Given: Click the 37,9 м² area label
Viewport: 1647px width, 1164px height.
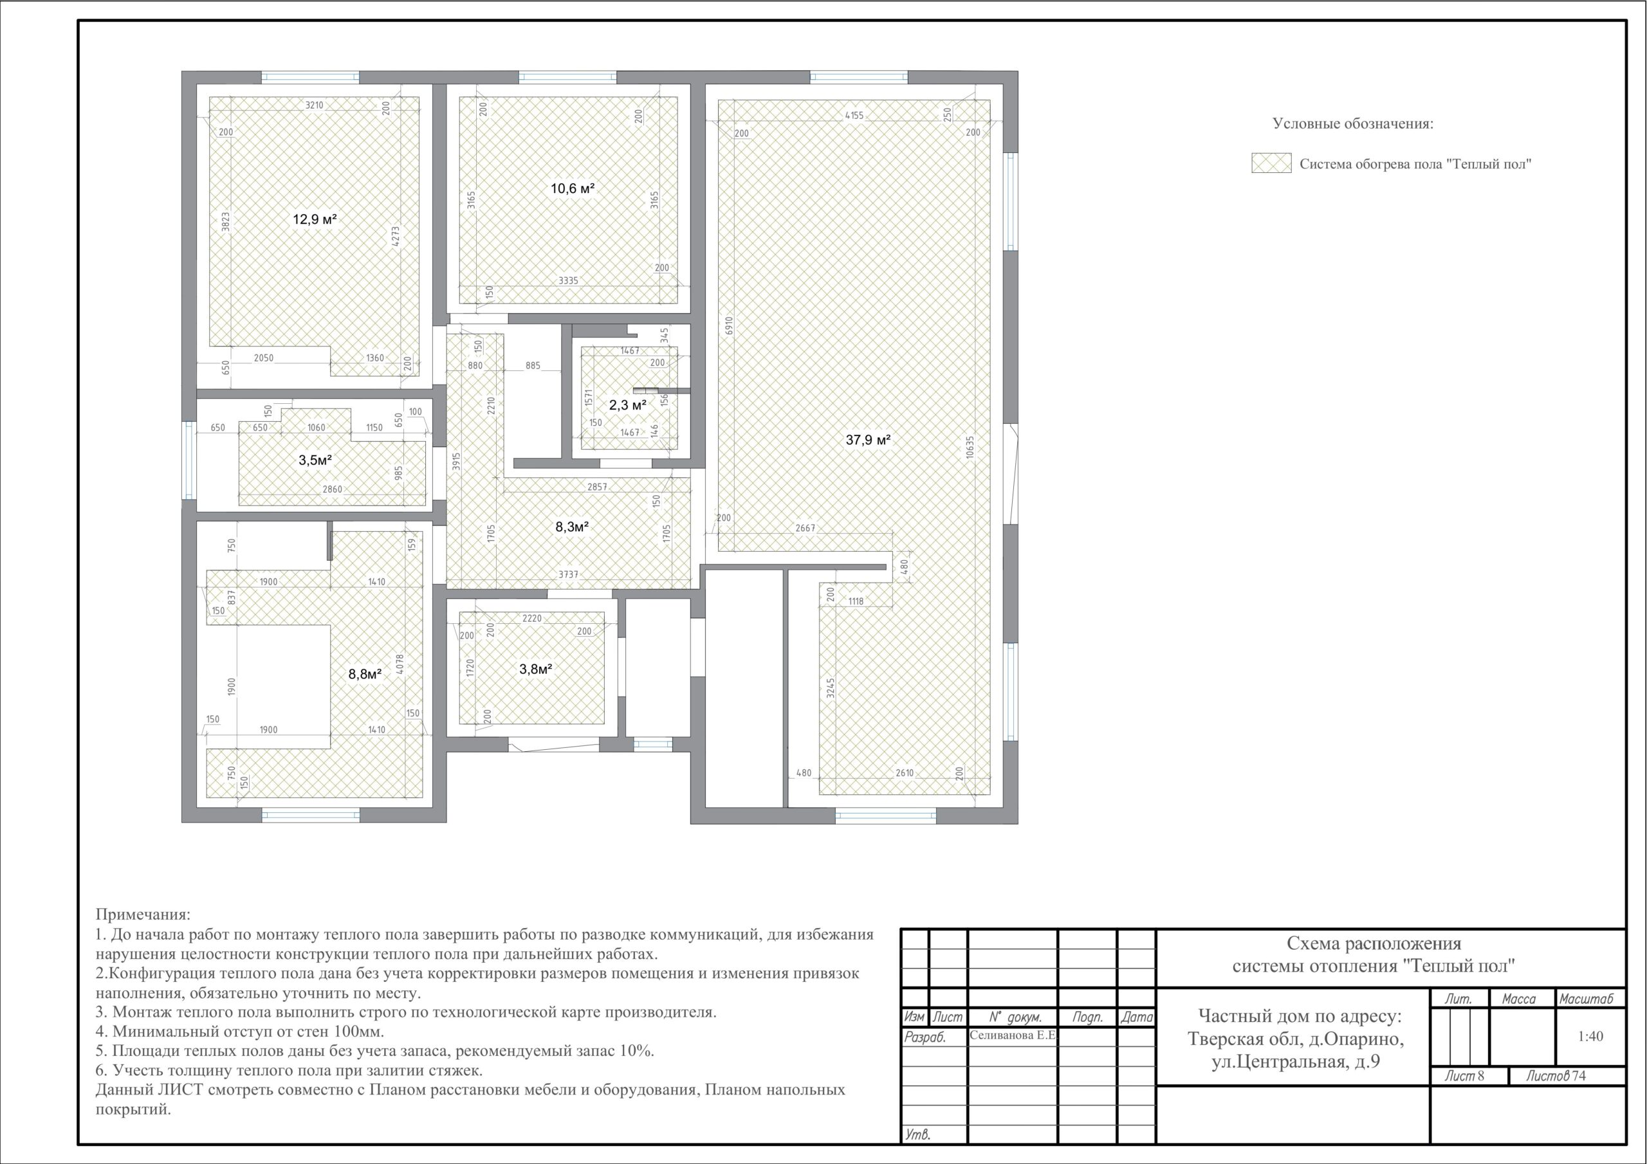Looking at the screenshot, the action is coord(868,440).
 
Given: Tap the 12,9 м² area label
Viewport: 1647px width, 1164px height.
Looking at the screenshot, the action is coord(315,219).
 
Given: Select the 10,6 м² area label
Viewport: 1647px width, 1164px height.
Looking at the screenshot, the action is coord(573,188).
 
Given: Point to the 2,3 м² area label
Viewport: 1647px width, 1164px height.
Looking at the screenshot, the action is coord(628,405).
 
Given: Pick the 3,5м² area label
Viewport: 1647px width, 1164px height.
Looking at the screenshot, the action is coord(315,460).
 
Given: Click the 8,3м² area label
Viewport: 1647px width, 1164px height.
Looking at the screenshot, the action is coord(572,527).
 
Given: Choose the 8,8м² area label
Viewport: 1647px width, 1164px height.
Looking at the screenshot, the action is coord(364,674).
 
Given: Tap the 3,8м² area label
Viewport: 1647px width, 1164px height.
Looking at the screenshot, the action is coord(535,669).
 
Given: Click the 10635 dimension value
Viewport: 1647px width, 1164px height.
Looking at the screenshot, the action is coord(970,448).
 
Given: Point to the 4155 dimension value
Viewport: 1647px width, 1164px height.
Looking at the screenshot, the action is coord(854,114).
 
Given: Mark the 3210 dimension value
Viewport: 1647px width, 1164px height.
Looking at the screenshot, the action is coord(314,105).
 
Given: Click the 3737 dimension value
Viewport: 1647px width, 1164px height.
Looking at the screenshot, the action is coord(568,574).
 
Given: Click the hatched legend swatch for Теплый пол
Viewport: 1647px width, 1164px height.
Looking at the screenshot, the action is coord(1271,163).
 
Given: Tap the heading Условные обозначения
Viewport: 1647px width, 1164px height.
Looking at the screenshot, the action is coord(1353,123).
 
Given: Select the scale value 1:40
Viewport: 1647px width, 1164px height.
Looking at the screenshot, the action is coord(1590,1036).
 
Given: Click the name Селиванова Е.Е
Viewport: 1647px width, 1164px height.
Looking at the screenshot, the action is coord(1012,1035).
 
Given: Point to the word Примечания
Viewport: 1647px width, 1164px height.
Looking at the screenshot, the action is coord(143,915).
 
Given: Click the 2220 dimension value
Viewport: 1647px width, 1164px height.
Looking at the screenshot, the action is coord(531,618).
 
